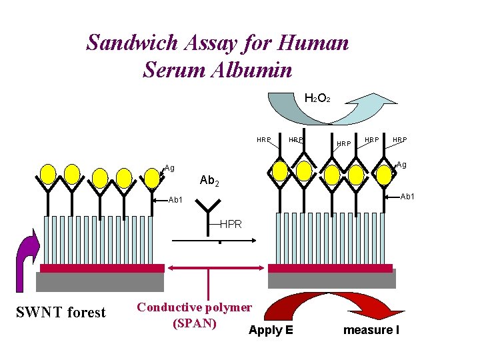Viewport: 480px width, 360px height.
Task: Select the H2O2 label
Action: [x=315, y=99]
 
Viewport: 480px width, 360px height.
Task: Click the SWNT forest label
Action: [x=61, y=312]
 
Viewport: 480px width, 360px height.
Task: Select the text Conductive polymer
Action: [x=194, y=307]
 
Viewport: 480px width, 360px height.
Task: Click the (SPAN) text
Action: [x=193, y=323]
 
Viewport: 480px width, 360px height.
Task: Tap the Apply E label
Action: [x=270, y=330]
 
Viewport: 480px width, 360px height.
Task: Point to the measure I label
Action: [x=371, y=330]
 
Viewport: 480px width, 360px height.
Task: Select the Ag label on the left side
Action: [x=170, y=169]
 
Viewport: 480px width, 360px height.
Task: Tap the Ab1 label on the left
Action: [x=175, y=199]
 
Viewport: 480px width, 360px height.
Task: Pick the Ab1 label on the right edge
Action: [x=407, y=196]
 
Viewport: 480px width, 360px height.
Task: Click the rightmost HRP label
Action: [x=399, y=140]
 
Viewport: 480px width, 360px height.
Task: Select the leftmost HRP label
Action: [x=264, y=140]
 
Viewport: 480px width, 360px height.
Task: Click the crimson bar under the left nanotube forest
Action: [x=102, y=268]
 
